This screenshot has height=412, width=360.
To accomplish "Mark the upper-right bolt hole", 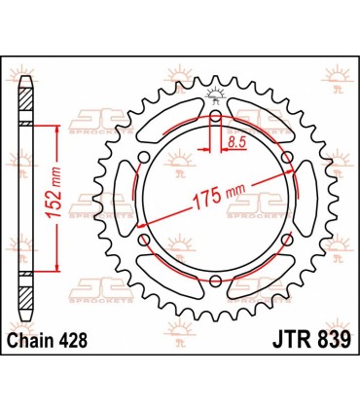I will pos(286,157).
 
